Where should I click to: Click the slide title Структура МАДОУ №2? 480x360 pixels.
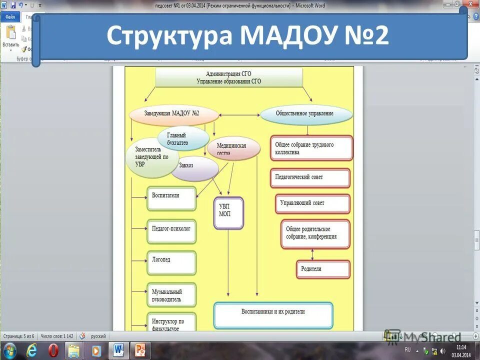tap(247, 36)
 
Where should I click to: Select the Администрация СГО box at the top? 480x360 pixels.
tap(229, 77)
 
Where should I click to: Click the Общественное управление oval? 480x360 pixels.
tap(305, 114)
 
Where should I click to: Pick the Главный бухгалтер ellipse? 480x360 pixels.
tap(183, 138)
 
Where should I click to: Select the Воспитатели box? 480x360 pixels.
tap(171, 198)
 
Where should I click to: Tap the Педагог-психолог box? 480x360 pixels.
tap(171, 230)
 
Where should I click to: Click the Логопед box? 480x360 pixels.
tap(171, 262)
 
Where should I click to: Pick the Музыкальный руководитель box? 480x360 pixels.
tap(171, 295)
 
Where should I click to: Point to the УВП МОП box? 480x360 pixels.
tap(228, 213)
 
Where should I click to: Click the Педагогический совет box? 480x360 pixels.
tap(310, 177)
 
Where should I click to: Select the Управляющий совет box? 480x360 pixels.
tap(313, 203)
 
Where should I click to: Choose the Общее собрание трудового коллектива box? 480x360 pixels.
tap(311, 148)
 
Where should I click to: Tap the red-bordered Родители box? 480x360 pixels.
tap(323, 269)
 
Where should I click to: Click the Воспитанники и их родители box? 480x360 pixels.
tap(273, 314)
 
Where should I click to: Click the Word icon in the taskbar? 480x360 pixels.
tap(118, 350)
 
